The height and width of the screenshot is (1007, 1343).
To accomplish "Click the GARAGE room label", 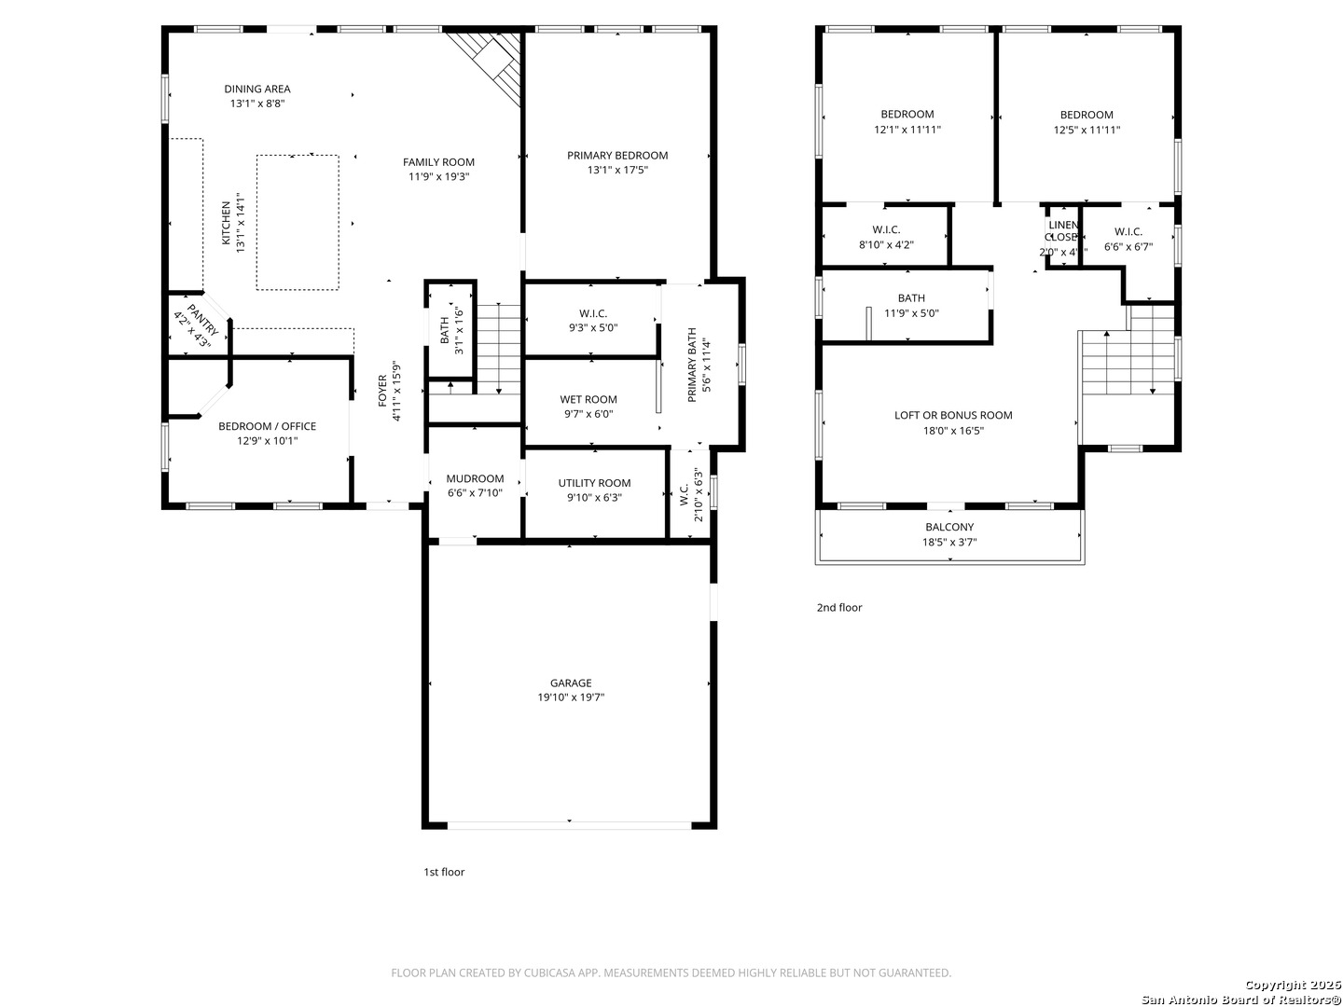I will pos(570,683).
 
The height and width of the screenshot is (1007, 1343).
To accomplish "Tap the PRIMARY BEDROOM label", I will pos(617,155).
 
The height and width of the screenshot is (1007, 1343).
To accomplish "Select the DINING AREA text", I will pos(257,89).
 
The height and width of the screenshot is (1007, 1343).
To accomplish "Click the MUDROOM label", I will pos(475,478).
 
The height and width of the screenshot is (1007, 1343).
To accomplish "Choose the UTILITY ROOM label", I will pos(594,482).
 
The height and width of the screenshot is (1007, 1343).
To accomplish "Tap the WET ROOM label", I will pos(588,399).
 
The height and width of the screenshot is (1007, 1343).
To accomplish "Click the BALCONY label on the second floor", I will pos(949,527).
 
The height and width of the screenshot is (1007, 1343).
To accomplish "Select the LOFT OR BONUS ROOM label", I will pos(953,415).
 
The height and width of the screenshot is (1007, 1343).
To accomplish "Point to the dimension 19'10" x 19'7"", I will pos(570,697).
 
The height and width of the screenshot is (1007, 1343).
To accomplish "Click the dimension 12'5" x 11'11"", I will pos(1087,131).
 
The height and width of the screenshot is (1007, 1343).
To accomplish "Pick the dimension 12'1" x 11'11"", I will pos(907,131).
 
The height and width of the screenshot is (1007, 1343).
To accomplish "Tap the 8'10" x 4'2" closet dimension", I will pos(886,245).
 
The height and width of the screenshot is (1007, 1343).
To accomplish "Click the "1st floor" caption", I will pos(444,872).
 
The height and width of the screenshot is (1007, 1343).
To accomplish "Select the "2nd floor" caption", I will pos(839,607).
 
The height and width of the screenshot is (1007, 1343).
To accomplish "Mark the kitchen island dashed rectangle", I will pos(298,223).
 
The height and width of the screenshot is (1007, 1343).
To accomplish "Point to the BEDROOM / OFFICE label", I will pos(267,426).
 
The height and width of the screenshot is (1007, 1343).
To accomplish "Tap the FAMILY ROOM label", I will pos(438,161).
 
